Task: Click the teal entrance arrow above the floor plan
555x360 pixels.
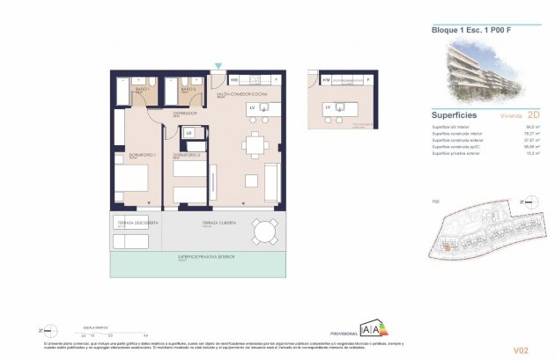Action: click(218, 67)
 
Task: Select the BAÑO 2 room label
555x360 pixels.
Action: click(187, 90)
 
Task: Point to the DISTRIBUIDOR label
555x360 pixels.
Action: click(184, 113)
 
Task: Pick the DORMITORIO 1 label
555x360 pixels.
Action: click(143, 155)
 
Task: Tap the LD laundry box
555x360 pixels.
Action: click(189, 133)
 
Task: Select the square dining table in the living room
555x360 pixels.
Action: click(255, 146)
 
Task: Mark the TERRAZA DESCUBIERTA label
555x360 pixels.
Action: click(137, 224)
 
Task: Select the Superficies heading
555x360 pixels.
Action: click(455, 114)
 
